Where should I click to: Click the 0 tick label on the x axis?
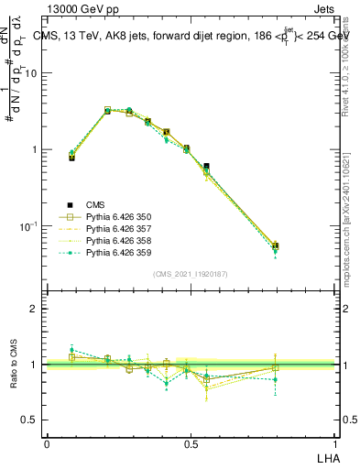[47, 444]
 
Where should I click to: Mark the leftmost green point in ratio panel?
[71, 349]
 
